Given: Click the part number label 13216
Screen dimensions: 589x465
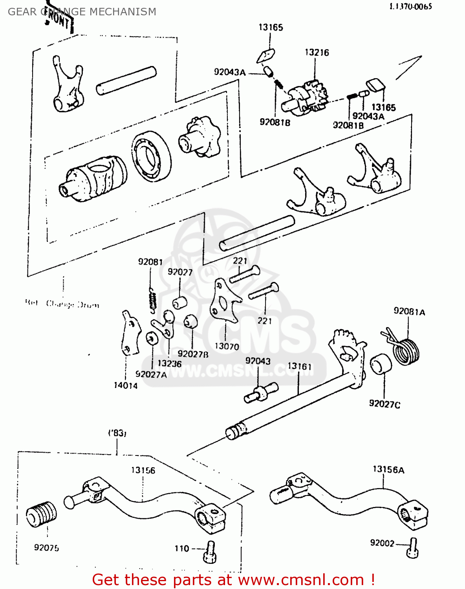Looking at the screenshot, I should pyautogui.click(x=317, y=53).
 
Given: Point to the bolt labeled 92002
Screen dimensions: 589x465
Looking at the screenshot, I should pyautogui.click(x=413, y=547).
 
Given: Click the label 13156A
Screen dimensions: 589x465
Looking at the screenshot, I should pyautogui.click(x=388, y=470).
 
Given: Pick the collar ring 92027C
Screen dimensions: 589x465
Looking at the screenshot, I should pyautogui.click(x=381, y=364).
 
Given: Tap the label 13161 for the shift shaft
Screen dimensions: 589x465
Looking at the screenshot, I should pyautogui.click(x=299, y=366).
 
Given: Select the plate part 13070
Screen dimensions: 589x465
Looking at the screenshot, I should pyautogui.click(x=223, y=302).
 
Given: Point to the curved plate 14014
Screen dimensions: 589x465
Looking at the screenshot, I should pyautogui.click(x=130, y=334).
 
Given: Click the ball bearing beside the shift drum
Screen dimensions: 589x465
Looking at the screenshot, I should pyautogui.click(x=151, y=156).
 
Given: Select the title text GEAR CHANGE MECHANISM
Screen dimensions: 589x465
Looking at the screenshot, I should pyautogui.click(x=82, y=12).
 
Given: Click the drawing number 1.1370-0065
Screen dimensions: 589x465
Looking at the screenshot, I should pyautogui.click(x=410, y=6).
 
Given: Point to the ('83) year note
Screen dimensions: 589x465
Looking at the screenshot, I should pyautogui.click(x=117, y=433).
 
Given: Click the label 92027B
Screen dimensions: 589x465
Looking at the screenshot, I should pyautogui.click(x=192, y=354).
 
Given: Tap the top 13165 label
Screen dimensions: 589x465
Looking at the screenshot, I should pyautogui.click(x=271, y=27).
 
